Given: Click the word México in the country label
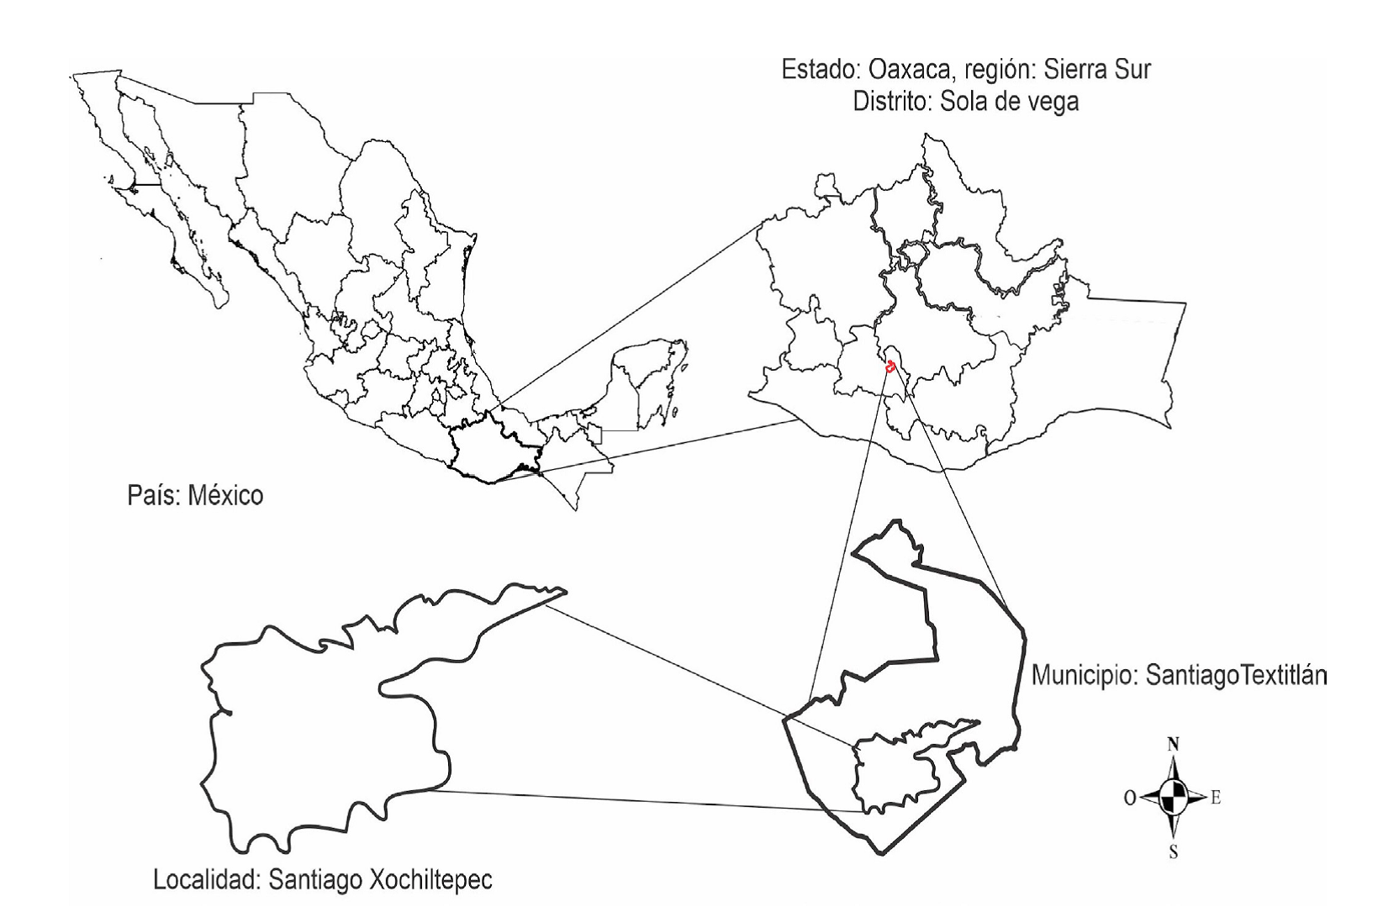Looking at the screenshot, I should (224, 495).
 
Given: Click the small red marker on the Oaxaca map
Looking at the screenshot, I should (890, 366).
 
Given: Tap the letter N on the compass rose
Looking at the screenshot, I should (1173, 743).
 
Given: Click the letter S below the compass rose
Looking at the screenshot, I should (1174, 852).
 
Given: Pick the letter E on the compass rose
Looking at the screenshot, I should (1215, 798).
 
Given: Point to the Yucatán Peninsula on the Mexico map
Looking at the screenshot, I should (652, 378).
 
